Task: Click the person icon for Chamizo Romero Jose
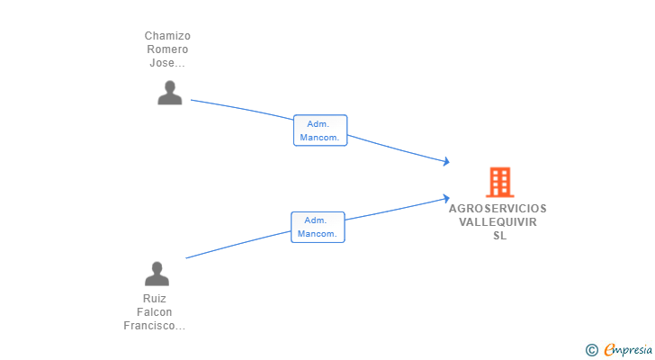169,93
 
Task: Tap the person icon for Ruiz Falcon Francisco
157,274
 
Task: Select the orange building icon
499,182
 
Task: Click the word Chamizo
167,36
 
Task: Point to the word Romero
167,49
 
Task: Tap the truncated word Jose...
167,63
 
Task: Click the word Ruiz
155,299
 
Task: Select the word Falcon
155,312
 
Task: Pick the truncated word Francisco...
154,325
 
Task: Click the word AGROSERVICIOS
498,209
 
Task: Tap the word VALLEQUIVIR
498,221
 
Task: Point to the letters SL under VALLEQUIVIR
499,236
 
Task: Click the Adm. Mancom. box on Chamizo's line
320,130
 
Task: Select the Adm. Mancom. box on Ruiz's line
318,227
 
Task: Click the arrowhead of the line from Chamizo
446,161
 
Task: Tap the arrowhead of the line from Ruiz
446,198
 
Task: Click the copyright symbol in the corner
591,350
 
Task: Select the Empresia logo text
628,350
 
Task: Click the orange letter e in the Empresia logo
610,349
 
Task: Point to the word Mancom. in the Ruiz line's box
317,234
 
